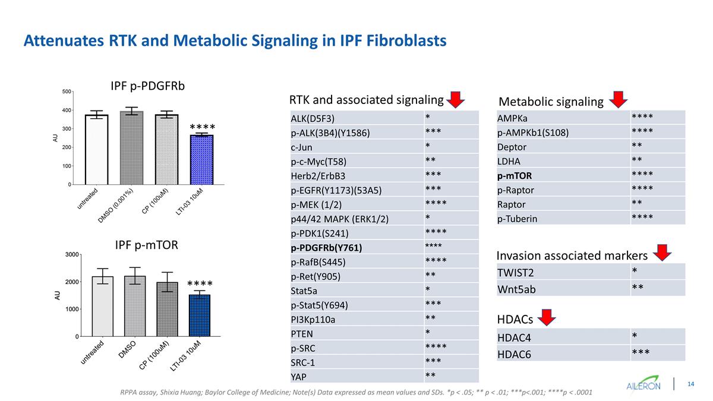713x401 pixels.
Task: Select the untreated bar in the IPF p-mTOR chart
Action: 102,307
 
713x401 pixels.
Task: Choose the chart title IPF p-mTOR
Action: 147,244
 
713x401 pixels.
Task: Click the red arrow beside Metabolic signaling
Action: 618,99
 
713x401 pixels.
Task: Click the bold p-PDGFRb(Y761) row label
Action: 326,248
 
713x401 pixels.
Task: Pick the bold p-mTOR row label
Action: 515,176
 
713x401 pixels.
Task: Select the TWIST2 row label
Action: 516,273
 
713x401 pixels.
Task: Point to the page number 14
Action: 691,384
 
